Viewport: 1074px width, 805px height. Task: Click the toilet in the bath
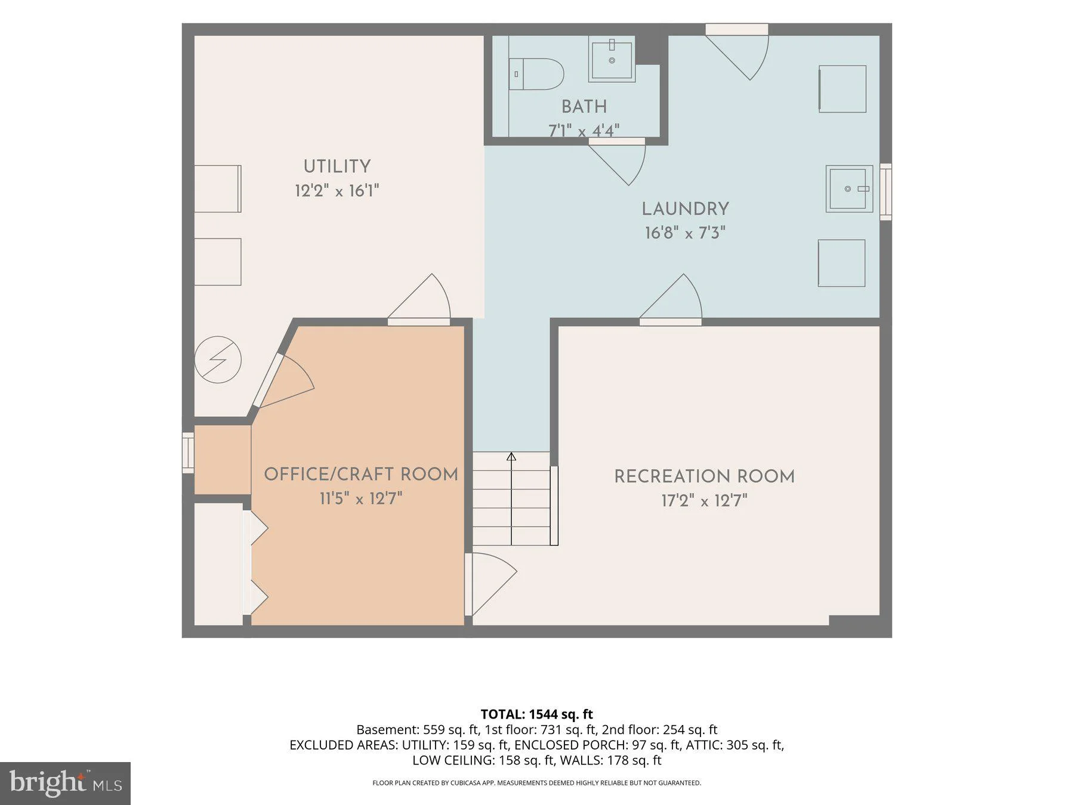(536, 74)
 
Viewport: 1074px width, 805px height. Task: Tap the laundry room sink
(849, 189)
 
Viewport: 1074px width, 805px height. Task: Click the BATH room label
(584, 107)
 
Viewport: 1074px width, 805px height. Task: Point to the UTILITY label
(337, 166)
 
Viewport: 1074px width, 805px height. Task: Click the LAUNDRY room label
(686, 209)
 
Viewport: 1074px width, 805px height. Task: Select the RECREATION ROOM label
(705, 476)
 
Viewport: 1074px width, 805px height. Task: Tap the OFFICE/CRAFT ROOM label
(361, 474)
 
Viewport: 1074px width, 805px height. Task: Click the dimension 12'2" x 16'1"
(337, 191)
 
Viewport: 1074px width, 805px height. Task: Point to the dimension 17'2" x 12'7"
(705, 500)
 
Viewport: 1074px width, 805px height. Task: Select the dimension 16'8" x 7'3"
(686, 233)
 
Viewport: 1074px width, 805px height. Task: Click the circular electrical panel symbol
(218, 360)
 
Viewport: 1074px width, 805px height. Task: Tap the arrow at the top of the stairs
(511, 457)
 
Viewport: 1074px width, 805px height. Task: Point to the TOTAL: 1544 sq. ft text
(537, 714)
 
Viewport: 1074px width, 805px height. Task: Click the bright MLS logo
(65, 784)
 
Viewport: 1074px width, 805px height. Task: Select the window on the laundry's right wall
(886, 192)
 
